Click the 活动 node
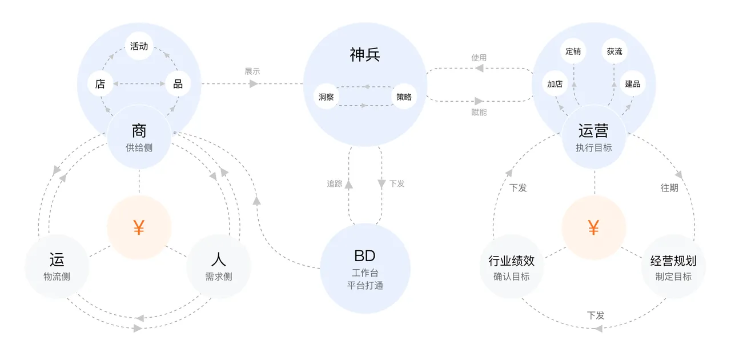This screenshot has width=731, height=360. click(139, 46)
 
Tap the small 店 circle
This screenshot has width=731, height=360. click(100, 83)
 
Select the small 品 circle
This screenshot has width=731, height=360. click(178, 83)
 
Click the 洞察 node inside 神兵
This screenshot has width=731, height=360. click(326, 97)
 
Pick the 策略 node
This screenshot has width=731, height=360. click(404, 97)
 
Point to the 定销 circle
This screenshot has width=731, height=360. click(573, 51)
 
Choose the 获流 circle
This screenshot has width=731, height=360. click(614, 51)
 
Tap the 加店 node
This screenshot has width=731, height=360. click(555, 83)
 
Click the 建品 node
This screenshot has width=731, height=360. click(632, 83)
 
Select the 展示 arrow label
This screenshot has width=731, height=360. click(252, 71)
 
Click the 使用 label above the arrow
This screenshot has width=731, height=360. click(479, 58)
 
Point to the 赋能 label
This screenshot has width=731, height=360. click(479, 113)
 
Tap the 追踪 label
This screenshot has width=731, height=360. click(335, 183)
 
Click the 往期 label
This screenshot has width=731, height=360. click(669, 188)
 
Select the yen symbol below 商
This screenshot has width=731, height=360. click(139, 227)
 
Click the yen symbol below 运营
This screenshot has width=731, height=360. click(593, 227)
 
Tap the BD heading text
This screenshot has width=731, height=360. click(365, 256)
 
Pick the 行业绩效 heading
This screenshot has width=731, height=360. click(511, 261)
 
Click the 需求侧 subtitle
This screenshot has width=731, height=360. click(219, 277)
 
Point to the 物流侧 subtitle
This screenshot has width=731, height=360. click(57, 277)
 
